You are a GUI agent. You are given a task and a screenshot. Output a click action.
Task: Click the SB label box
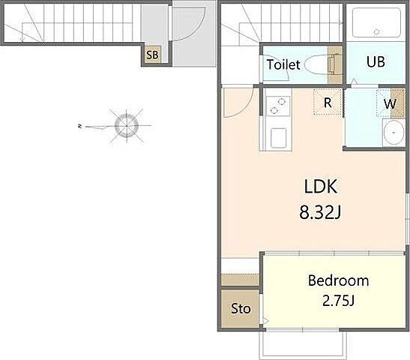[152, 55]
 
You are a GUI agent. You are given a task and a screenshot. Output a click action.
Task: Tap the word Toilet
[283, 64]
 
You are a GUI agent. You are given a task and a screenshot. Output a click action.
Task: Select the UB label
[376, 61]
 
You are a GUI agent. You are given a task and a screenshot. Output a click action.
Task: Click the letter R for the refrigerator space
[328, 103]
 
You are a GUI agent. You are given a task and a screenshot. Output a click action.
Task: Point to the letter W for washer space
[390, 103]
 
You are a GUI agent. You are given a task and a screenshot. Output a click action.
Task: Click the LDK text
[321, 186]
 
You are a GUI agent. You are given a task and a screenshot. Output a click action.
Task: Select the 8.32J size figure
[320, 212]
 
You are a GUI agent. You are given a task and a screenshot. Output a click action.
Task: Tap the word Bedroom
[338, 280]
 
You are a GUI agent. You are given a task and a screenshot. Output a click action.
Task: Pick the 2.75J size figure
[338, 301]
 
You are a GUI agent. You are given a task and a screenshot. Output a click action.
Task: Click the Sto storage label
[241, 309]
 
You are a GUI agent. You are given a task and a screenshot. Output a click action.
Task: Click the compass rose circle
[127, 126]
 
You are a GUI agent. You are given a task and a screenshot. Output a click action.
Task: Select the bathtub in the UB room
[376, 22]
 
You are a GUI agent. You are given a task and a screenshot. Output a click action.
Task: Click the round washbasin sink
[394, 133]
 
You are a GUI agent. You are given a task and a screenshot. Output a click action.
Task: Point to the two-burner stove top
[277, 106]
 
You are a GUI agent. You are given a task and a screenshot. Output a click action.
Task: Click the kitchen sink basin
[278, 137]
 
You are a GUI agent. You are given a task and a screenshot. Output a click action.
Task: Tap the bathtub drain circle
[376, 31]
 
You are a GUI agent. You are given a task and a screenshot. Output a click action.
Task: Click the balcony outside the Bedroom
[303, 344]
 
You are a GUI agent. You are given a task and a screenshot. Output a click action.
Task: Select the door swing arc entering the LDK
[247, 108]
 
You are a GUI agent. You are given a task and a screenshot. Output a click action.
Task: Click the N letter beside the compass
[79, 126]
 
